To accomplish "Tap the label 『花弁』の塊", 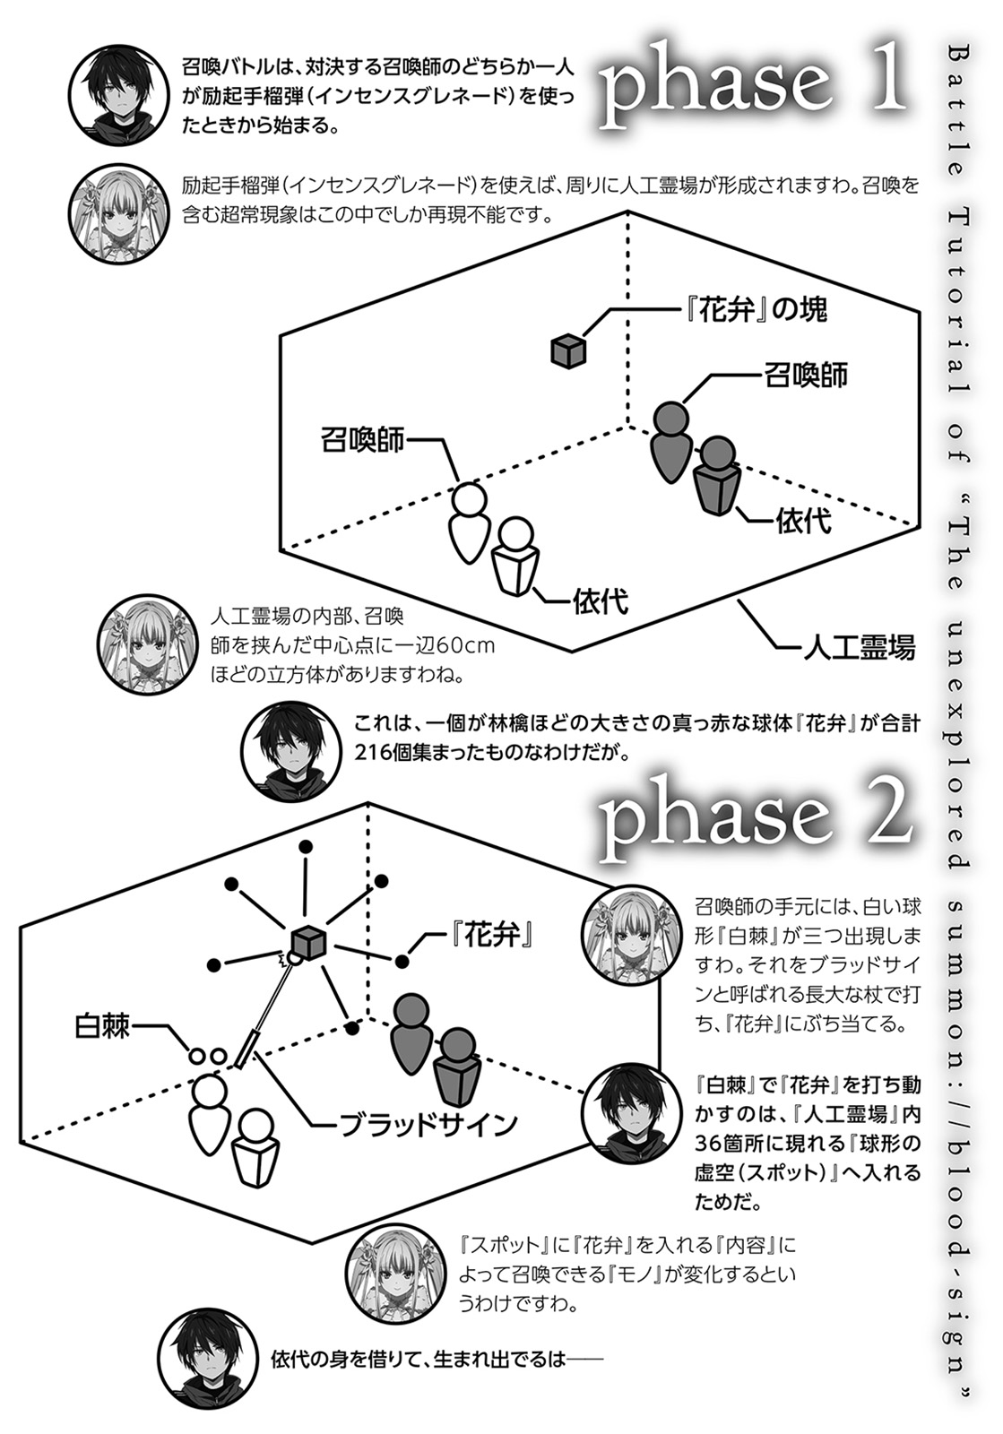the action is (x=753, y=310).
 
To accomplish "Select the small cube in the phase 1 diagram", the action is (x=568, y=350).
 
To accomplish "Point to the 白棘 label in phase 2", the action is (x=102, y=1026).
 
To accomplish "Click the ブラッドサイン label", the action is (x=428, y=1124).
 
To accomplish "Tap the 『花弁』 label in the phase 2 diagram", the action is (x=491, y=937).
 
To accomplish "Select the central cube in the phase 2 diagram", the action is (x=308, y=942).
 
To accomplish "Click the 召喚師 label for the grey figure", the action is (x=806, y=375).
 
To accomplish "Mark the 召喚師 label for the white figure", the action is (x=362, y=440).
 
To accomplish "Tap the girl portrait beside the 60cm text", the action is (x=146, y=646).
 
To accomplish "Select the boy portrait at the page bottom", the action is (x=207, y=1359).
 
